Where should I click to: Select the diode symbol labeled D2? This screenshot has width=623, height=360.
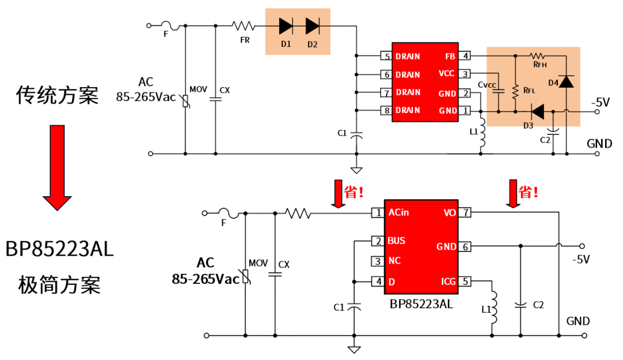[x=313, y=26]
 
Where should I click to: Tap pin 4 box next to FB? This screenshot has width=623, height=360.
[x=465, y=56]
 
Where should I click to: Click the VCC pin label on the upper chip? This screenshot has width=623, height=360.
[x=446, y=74]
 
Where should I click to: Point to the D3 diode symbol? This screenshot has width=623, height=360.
[x=538, y=110]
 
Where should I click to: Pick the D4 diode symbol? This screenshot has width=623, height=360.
[x=566, y=81]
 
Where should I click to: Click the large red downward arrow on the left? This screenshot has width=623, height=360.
[x=57, y=167]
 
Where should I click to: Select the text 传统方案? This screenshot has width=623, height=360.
[x=57, y=95]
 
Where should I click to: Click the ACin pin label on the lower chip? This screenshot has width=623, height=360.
[x=399, y=212]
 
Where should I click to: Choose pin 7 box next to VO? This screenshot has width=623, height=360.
[x=465, y=213]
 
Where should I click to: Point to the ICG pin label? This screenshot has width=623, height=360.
[x=448, y=281]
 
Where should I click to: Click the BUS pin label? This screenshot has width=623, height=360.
[x=397, y=241]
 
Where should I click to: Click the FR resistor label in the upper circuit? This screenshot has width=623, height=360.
[x=245, y=40]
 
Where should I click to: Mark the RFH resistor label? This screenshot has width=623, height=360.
[x=540, y=65]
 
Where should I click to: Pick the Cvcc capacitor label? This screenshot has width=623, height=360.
[x=487, y=85]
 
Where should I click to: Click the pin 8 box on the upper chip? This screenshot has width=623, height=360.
[x=385, y=110]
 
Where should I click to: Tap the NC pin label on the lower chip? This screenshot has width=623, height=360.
[x=394, y=261]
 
